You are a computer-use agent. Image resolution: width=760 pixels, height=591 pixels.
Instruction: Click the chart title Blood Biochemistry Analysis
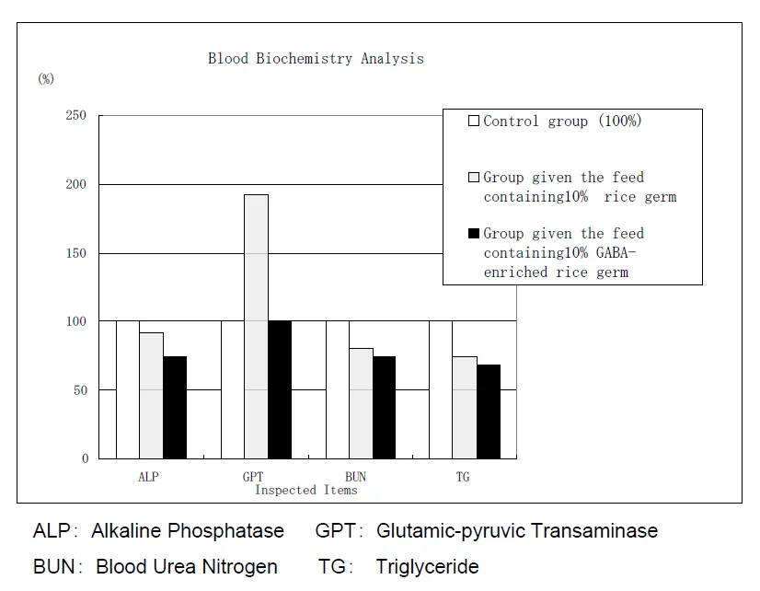click(316, 59)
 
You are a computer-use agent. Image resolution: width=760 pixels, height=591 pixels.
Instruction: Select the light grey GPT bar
click(256, 326)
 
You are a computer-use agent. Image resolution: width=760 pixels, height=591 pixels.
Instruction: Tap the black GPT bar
click(280, 389)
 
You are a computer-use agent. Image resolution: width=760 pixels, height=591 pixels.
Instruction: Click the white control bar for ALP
click(128, 389)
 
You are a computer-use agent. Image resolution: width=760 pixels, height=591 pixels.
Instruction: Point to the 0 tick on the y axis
click(86, 458)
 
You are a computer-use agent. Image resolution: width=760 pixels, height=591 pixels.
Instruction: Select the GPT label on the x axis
click(253, 477)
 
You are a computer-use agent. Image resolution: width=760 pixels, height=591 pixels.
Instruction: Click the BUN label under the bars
click(355, 477)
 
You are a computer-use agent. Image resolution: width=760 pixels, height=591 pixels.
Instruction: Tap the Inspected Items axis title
click(305, 490)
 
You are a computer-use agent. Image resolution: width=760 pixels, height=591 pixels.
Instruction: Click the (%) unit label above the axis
click(46, 79)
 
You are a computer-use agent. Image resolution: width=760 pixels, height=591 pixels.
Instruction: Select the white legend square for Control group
click(474, 121)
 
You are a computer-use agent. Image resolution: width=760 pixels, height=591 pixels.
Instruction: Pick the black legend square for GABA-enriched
click(474, 234)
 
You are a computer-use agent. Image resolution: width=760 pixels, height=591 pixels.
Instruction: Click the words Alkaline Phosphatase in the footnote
click(188, 531)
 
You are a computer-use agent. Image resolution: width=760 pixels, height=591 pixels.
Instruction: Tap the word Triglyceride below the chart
click(427, 566)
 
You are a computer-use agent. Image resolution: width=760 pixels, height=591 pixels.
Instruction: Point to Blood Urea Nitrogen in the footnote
click(187, 566)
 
